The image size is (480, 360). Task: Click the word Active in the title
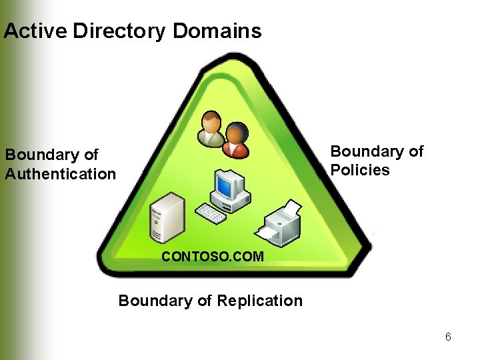pos(35,31)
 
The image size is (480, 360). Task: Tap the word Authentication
pos(61,174)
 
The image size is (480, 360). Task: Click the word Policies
pos(361,170)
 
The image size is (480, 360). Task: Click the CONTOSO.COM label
pos(213,256)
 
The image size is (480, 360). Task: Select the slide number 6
pos(448,337)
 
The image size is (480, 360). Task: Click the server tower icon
pos(167,217)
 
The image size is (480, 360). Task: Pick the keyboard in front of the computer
pos(211,213)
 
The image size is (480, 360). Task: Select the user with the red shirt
pos(235,139)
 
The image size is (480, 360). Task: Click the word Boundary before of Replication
pos(155,301)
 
